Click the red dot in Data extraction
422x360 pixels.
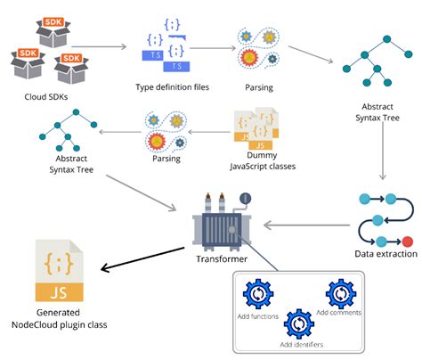(408, 241)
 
